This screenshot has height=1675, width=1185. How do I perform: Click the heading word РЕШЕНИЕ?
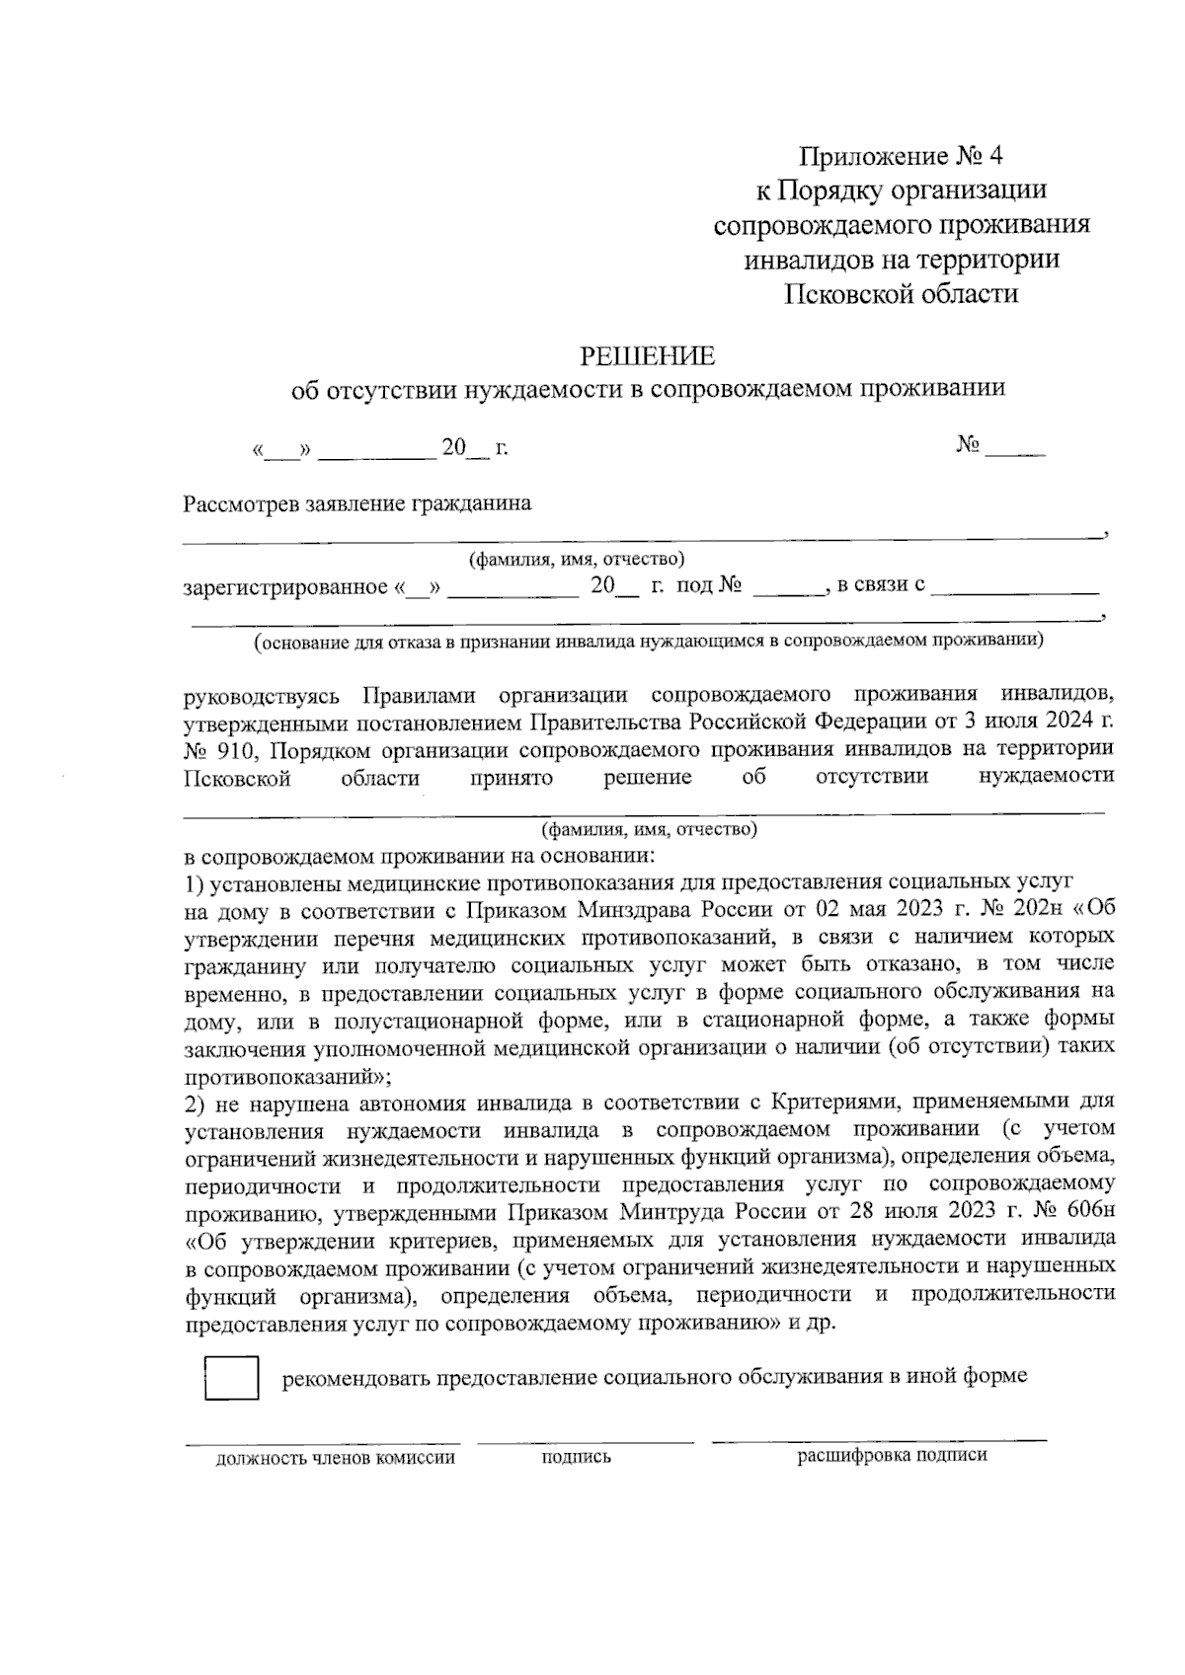pyautogui.click(x=647, y=354)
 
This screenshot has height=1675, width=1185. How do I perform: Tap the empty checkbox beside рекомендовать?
pyautogui.click(x=231, y=1378)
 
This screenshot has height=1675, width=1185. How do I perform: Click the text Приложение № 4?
pyautogui.click(x=901, y=156)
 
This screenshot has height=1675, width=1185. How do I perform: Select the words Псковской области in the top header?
pyautogui.click(x=901, y=293)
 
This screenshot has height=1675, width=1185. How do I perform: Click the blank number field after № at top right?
pyautogui.click(x=1014, y=449)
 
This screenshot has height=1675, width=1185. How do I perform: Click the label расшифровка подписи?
pyautogui.click(x=892, y=1455)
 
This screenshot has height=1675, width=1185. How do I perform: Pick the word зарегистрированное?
pyautogui.click(x=285, y=588)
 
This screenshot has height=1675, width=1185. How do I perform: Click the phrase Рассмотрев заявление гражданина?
pyautogui.click(x=356, y=504)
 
